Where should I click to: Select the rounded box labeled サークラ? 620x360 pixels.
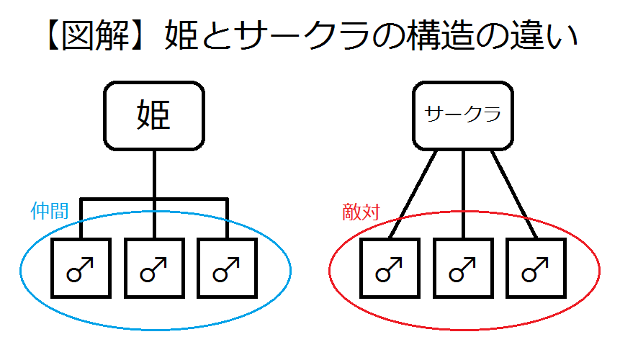click(x=463, y=114)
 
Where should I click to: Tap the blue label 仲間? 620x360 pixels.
click(x=50, y=210)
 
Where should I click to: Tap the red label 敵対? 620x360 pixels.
click(x=361, y=211)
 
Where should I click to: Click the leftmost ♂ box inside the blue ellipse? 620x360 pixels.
click(x=81, y=267)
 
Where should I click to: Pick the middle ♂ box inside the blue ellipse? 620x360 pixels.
click(x=154, y=267)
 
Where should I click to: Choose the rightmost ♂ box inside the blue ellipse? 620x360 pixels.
click(x=228, y=267)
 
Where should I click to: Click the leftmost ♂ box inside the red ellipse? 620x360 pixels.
click(x=390, y=267)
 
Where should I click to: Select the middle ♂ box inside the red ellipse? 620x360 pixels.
click(x=463, y=267)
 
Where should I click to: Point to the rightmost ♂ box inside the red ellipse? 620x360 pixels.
click(x=536, y=267)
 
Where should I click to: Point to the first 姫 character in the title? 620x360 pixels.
click(x=184, y=35)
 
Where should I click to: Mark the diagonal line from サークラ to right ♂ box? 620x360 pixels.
click(x=513, y=192)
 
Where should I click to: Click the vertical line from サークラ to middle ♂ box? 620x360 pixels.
click(x=463, y=192)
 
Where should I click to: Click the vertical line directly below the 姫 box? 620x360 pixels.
click(x=154, y=173)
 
